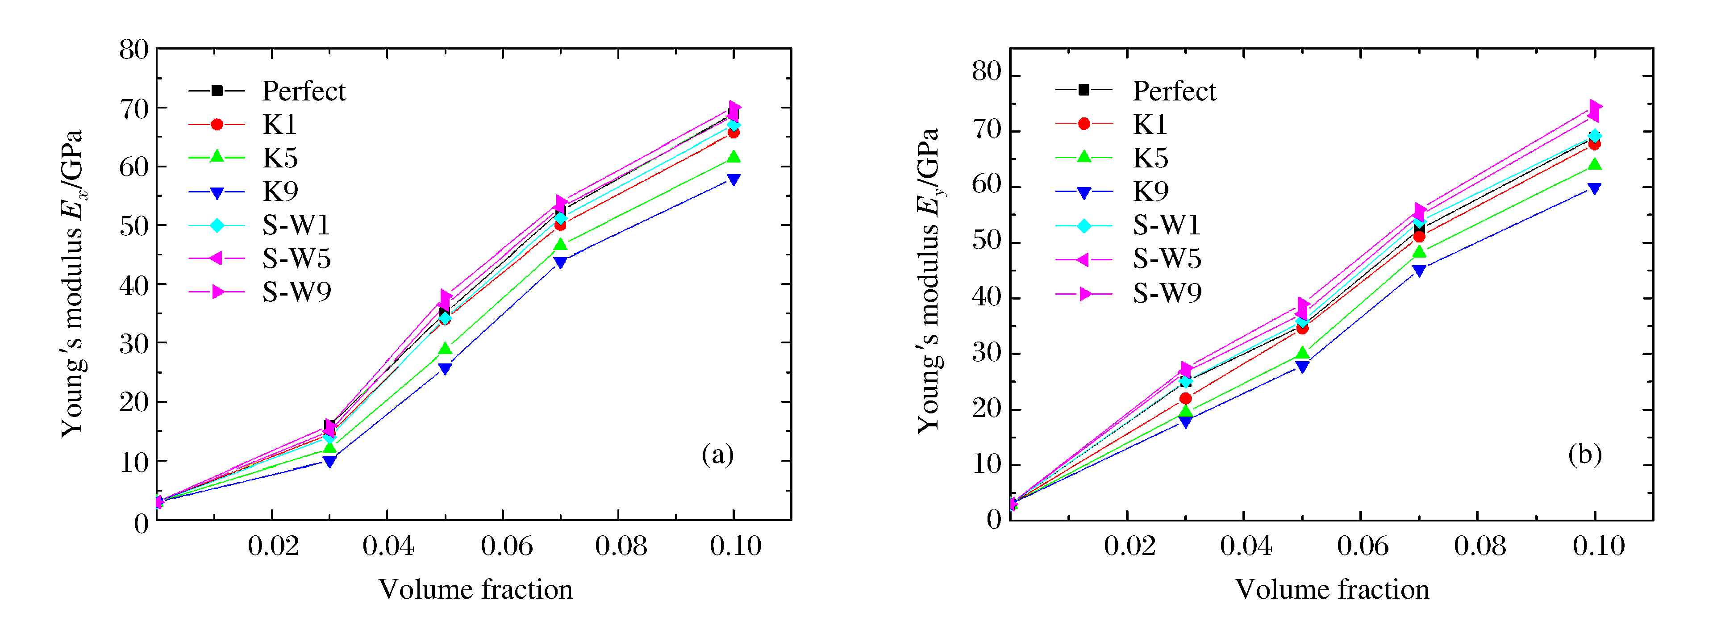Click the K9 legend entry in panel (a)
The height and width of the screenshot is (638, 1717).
(280, 192)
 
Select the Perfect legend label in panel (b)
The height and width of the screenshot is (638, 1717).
(1174, 92)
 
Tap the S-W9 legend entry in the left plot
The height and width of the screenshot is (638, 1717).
(296, 292)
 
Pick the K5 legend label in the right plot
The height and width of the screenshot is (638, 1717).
(1150, 158)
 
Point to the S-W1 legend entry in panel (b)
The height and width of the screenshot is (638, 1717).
(1167, 225)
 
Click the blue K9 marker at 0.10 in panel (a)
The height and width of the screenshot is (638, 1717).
(733, 180)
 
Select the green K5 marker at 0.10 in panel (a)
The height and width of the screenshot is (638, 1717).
(733, 157)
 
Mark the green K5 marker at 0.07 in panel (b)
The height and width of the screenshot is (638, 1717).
(1419, 252)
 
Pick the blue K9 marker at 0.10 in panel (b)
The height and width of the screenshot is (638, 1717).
(1594, 189)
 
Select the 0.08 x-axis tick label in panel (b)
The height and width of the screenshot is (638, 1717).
(1479, 546)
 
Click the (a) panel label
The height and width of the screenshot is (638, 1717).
(717, 455)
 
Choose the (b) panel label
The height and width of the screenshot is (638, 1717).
(1584, 455)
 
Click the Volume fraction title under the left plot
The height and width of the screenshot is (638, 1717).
(475, 590)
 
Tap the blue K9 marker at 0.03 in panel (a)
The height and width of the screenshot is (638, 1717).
(329, 461)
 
